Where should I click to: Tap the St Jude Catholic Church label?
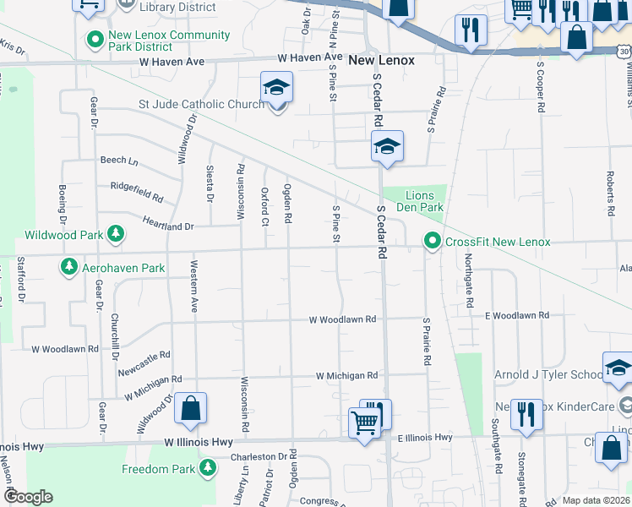(x=201, y=104)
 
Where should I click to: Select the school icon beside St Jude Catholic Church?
(x=276, y=89)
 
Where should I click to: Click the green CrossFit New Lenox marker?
(x=433, y=243)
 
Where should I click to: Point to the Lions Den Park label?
(x=420, y=200)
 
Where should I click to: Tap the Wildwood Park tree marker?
(x=114, y=235)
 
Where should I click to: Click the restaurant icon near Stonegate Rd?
(x=526, y=414)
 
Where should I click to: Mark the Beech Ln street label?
(x=118, y=160)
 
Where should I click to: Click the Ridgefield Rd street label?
(x=136, y=191)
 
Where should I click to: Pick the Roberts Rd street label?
(x=609, y=193)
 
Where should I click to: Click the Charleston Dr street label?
(x=259, y=457)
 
